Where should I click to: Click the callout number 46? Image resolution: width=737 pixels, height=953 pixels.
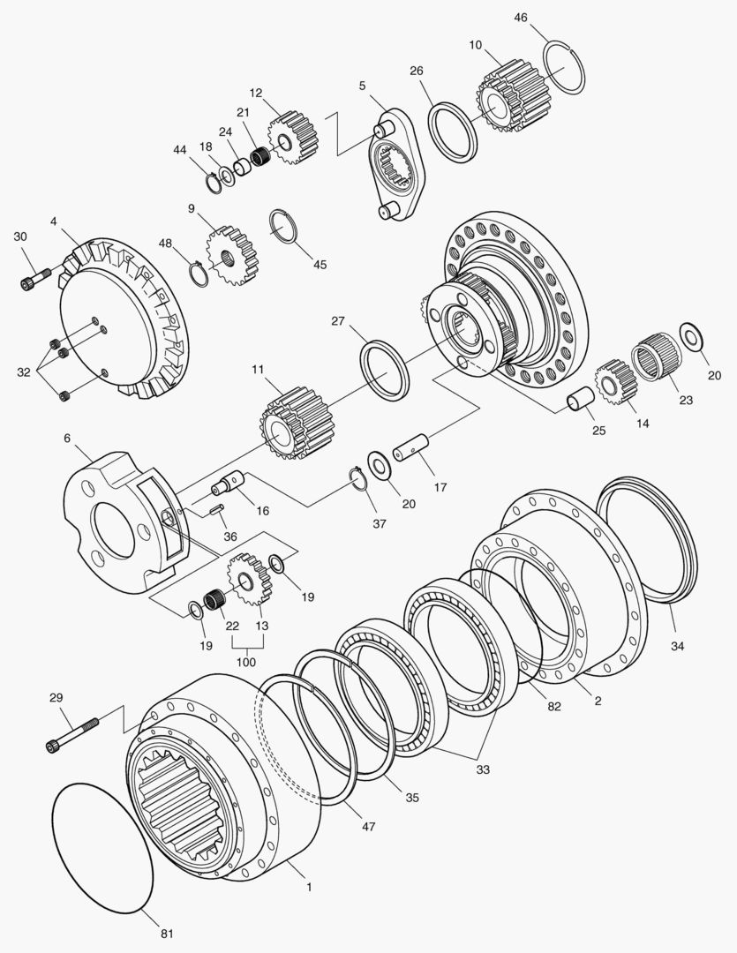(521, 18)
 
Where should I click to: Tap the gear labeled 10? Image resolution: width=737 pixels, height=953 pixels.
(513, 97)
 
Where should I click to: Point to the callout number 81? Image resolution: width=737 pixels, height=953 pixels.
(167, 934)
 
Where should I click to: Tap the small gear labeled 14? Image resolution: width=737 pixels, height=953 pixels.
(615, 382)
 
